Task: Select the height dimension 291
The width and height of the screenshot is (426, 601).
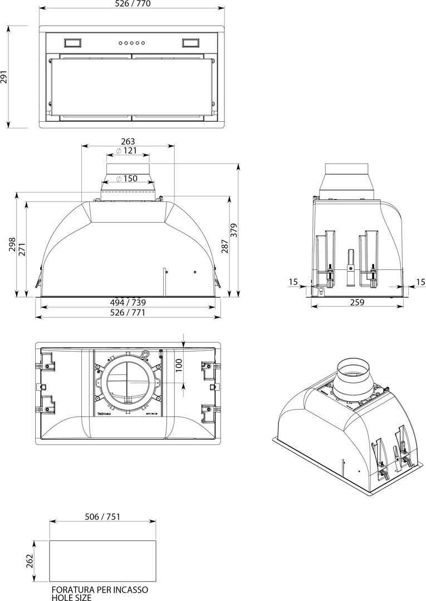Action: pyautogui.click(x=4, y=76)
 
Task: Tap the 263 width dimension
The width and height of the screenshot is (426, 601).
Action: pyautogui.click(x=128, y=141)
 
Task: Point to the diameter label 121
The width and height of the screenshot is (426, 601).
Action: pyautogui.click(x=128, y=151)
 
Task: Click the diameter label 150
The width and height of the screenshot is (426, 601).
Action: pyautogui.click(x=128, y=179)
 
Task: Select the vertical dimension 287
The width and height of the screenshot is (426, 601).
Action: pyautogui.click(x=225, y=246)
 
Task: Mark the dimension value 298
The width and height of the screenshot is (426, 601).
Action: pyautogui.click(x=12, y=244)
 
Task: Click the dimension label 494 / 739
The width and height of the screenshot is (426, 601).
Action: pyautogui.click(x=128, y=302)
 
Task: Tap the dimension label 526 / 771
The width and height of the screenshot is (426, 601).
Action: pyautogui.click(x=128, y=312)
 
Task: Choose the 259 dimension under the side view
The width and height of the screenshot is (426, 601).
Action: pyautogui.click(x=357, y=302)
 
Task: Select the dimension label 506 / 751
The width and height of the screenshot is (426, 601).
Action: pyautogui.click(x=101, y=516)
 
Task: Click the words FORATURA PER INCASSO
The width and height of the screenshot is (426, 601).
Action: pyautogui.click(x=100, y=589)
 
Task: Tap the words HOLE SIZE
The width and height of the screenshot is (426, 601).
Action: pyautogui.click(x=71, y=597)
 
